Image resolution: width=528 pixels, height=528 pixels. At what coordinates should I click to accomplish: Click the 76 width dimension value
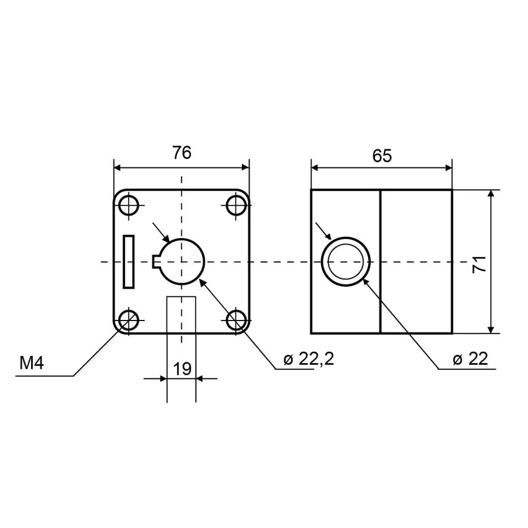pos(182,153)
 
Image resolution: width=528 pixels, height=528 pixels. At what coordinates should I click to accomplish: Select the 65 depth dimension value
pos(382,156)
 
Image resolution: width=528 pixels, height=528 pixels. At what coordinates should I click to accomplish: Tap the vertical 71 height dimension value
pos(479,265)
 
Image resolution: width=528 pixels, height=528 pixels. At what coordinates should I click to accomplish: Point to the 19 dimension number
pos(182,369)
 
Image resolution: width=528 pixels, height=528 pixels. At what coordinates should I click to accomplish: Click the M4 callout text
pos(32,363)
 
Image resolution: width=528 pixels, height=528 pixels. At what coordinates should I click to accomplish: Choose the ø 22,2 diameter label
pos(308,359)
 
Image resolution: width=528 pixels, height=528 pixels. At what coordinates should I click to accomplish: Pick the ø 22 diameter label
pos(470,359)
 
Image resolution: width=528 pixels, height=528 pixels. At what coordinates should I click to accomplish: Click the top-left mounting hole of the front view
pos(129,205)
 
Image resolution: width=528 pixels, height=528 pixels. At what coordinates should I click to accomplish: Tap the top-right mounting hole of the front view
pos(236,205)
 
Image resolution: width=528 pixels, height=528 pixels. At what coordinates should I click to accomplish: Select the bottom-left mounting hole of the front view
pos(129,320)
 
